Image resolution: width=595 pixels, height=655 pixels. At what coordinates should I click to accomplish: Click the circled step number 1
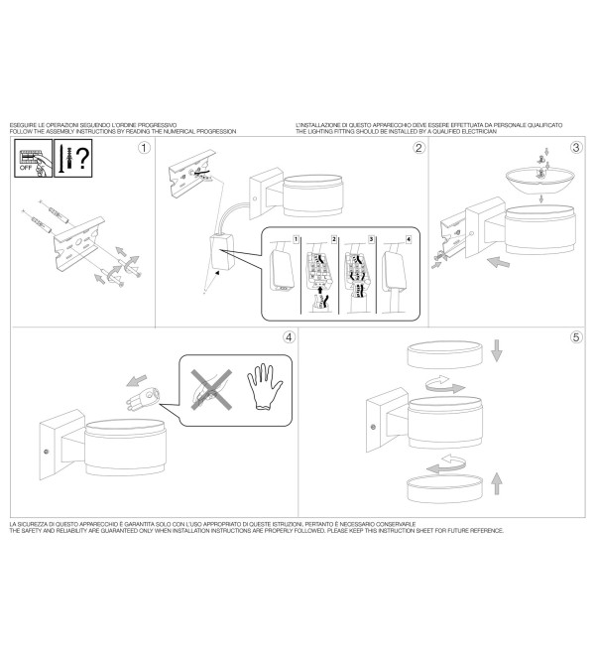144,148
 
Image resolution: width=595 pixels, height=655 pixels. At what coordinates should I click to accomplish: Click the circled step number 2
418,148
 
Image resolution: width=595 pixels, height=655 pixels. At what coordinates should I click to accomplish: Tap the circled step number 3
576,147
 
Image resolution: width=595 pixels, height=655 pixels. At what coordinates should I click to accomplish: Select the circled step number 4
289,337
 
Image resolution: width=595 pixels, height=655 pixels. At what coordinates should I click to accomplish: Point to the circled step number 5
576,337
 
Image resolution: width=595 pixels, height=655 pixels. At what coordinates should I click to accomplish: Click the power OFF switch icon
34,159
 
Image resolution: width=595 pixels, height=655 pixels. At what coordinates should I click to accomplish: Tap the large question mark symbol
83,158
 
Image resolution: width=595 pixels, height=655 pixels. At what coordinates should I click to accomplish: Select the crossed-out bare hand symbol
211,389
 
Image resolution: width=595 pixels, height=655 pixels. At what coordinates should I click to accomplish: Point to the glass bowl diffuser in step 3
539,180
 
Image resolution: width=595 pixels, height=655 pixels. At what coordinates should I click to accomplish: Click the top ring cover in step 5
444,354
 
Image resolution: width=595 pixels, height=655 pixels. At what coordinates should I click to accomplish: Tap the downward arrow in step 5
497,350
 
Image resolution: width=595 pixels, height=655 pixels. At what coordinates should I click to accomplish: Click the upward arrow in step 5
497,483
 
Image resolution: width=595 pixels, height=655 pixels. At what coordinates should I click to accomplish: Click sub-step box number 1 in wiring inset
297,239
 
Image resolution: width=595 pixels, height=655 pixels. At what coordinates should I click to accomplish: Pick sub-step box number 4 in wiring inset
409,239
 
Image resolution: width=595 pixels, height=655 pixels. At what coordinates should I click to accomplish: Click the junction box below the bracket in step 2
222,252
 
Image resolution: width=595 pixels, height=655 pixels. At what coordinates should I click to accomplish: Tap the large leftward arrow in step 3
498,262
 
